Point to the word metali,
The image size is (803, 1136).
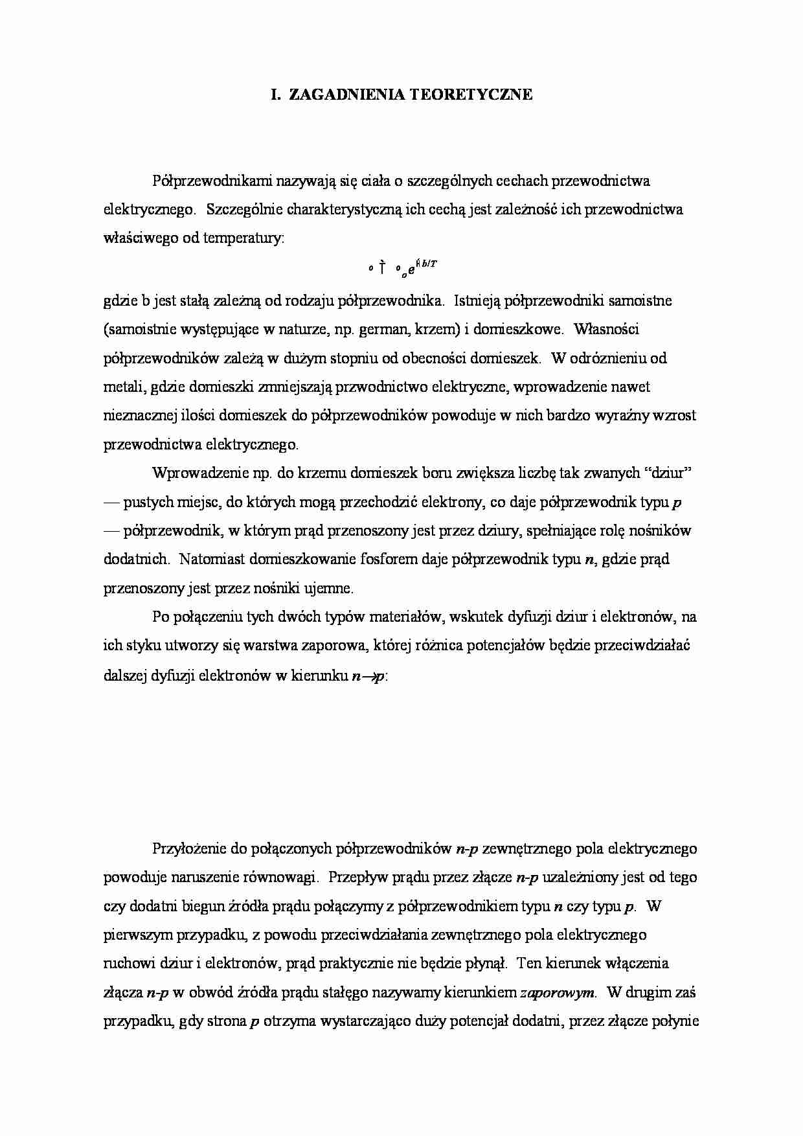pyautogui.click(x=125, y=387)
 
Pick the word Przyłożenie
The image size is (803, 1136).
pyautogui.click(x=190, y=848)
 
